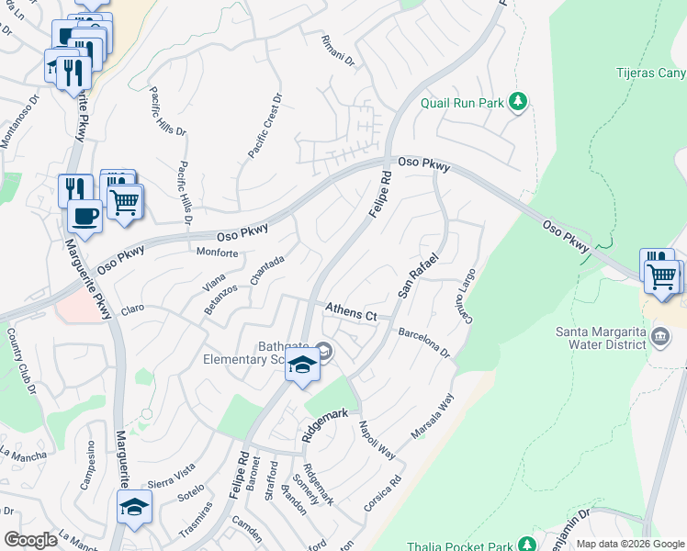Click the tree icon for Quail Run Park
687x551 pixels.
(520, 102)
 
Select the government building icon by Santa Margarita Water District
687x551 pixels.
(660, 338)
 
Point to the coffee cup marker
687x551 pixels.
(84, 216)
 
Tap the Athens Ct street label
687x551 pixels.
(350, 313)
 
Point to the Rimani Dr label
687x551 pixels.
(337, 52)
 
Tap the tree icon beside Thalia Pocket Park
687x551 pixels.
(525, 543)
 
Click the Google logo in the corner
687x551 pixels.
(30, 540)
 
